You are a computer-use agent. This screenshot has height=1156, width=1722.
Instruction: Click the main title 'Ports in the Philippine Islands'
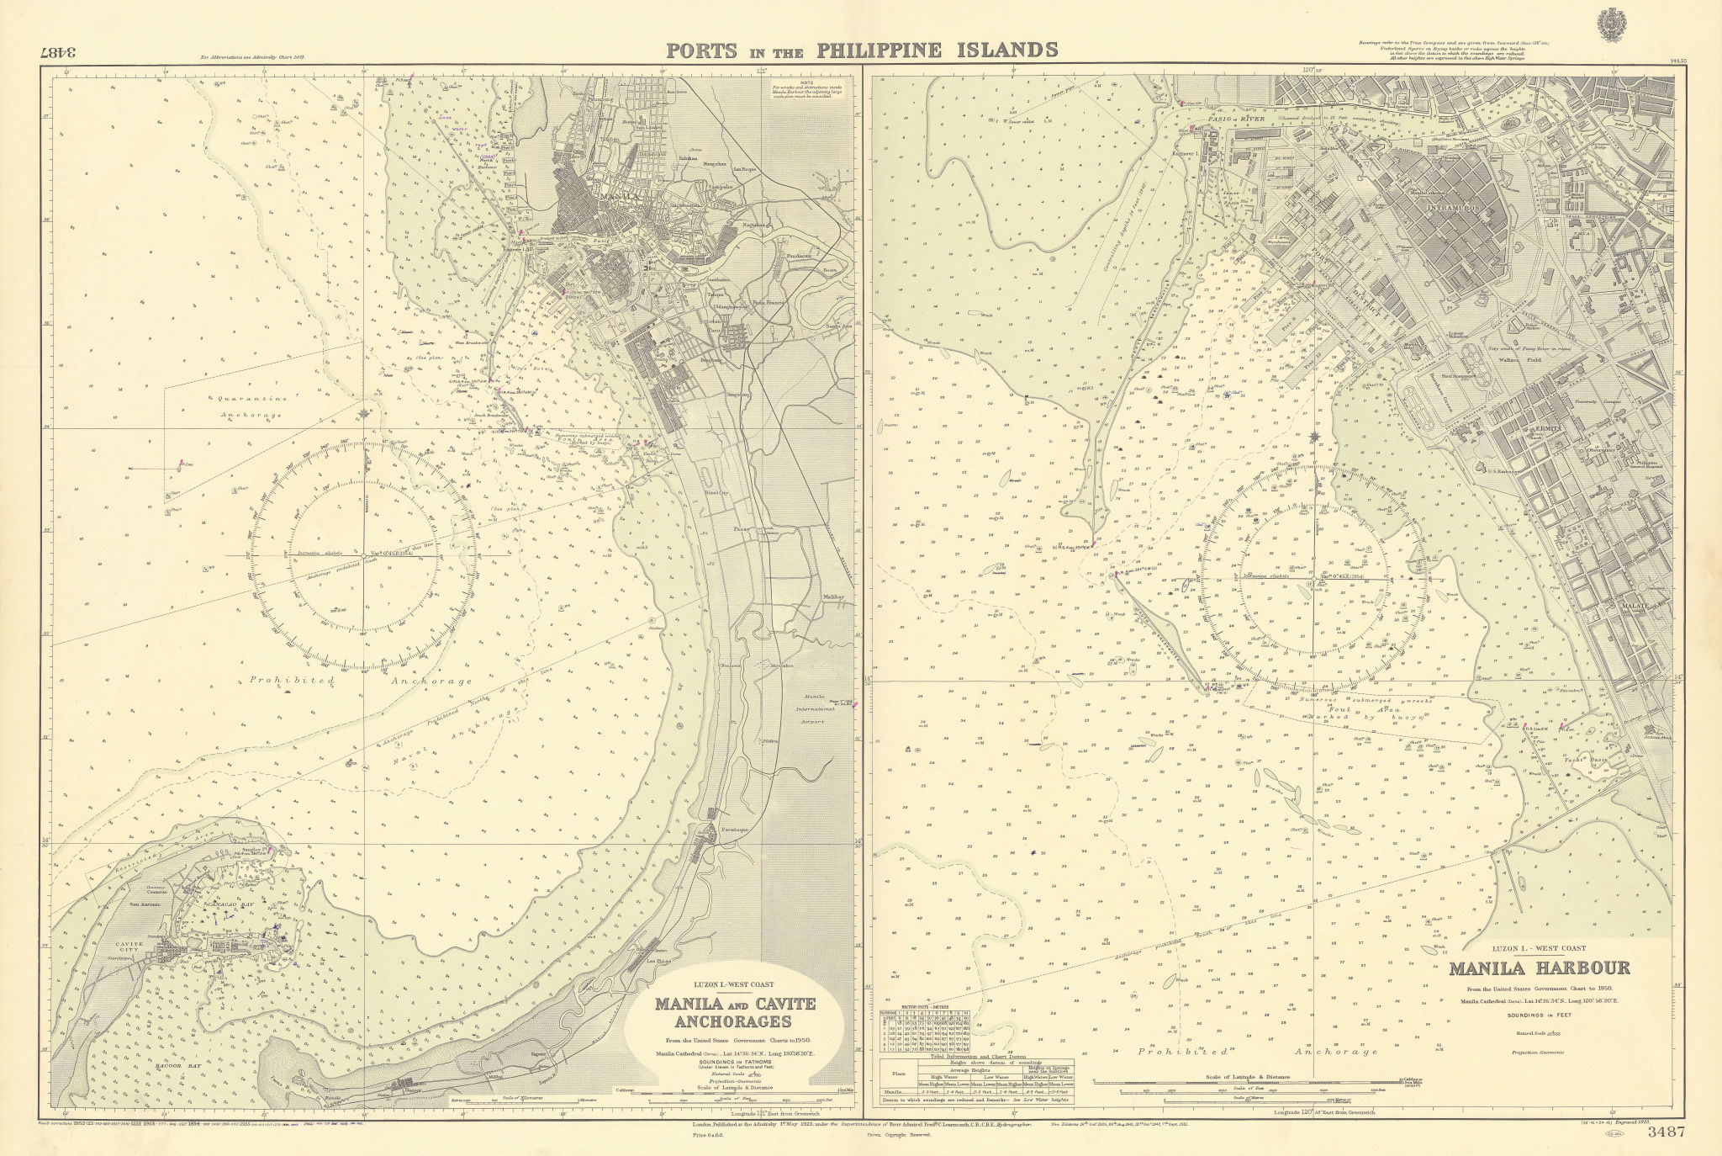pyautogui.click(x=861, y=49)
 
